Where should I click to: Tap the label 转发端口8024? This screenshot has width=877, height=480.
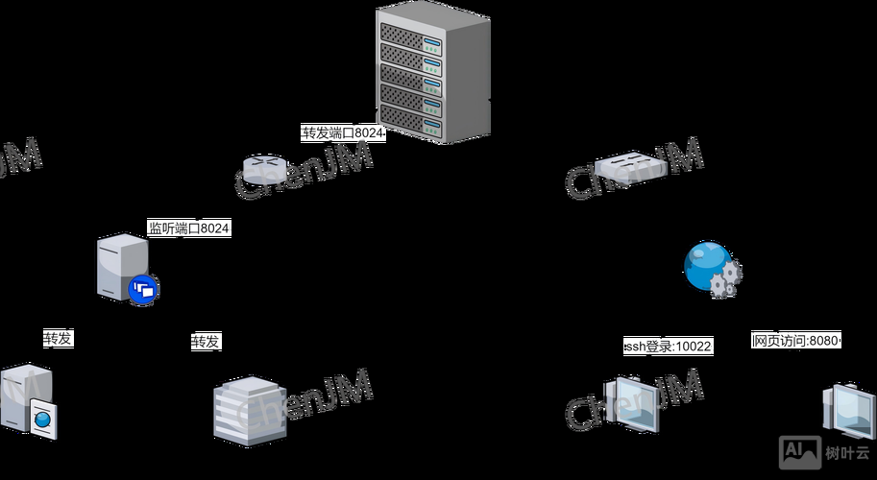(x=343, y=132)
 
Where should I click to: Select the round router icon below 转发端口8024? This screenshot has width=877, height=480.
(x=265, y=169)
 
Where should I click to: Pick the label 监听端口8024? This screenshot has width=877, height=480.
(x=188, y=228)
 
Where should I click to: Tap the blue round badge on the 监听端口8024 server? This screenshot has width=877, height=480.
(x=144, y=288)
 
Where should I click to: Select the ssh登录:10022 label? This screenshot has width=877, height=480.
(x=668, y=346)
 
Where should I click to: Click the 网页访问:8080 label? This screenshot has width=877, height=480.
(x=795, y=340)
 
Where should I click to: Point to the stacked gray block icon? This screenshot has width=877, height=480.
(x=249, y=410)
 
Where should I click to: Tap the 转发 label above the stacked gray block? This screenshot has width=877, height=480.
(x=206, y=341)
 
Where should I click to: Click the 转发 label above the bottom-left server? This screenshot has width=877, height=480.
(x=58, y=338)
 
